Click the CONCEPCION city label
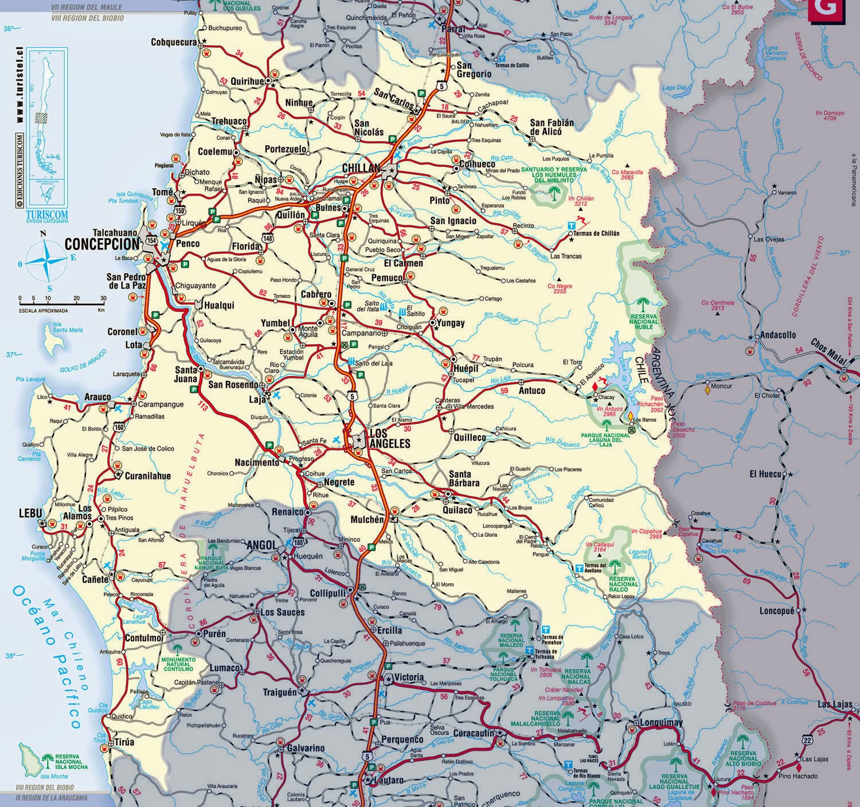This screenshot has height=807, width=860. click(102, 244)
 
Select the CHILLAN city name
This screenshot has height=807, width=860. click(361, 168)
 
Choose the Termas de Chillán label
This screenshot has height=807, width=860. click(597, 233)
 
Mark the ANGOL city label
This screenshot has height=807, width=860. click(262, 544)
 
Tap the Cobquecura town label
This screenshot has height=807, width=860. click(174, 42)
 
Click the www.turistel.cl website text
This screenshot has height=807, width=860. click(19, 85)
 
